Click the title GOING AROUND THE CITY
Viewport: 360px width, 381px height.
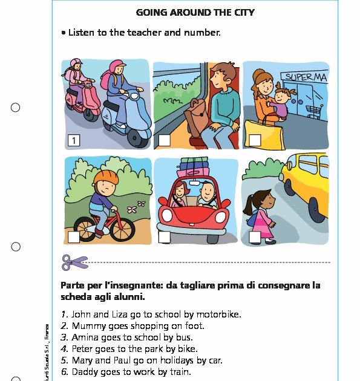(195, 12)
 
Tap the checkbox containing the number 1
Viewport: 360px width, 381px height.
(74, 141)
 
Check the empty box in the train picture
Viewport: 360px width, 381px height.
(164, 141)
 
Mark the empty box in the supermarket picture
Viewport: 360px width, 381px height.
(255, 140)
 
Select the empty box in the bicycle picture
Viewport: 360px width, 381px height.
(73, 237)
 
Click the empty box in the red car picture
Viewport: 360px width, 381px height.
(164, 237)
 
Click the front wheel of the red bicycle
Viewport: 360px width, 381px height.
(123, 229)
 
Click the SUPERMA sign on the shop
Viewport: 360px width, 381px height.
(306, 78)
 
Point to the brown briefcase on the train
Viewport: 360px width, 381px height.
(197, 117)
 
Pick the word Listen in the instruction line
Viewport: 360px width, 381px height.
(82, 32)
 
